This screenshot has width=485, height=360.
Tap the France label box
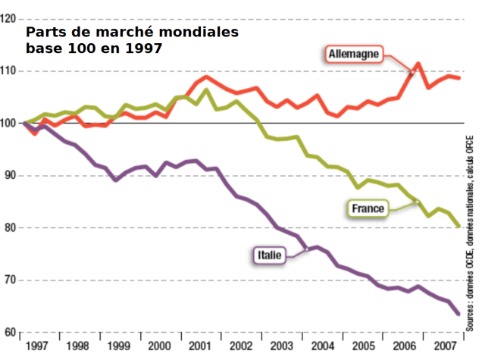(x=369, y=207)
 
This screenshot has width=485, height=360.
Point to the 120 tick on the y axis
(x=10, y=19)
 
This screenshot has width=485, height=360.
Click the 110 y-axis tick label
(x=10, y=71)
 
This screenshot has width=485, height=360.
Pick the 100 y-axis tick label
(x=10, y=123)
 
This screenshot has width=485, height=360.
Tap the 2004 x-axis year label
(x=321, y=347)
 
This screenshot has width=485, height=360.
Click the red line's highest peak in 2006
(x=418, y=64)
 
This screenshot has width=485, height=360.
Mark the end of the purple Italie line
(x=459, y=314)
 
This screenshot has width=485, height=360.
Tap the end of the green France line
(x=459, y=226)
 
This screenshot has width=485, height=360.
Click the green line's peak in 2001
(x=205, y=90)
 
